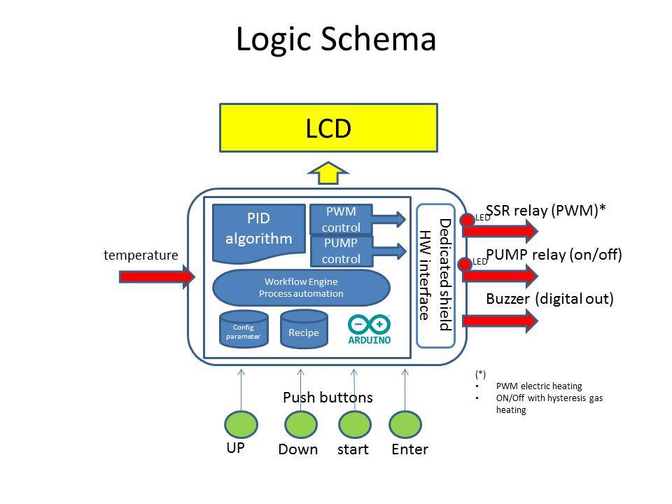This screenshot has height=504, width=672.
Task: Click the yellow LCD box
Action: (328, 128)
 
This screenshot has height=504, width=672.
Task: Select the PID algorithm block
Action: (258, 228)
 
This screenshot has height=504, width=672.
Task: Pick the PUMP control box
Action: (342, 251)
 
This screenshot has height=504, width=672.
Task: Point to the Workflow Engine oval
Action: (301, 287)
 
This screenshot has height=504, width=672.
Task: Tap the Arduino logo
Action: (369, 330)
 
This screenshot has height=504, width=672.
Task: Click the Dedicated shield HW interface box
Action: (435, 276)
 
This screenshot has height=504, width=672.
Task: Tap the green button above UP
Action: (241, 423)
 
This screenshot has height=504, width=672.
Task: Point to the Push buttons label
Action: (328, 398)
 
